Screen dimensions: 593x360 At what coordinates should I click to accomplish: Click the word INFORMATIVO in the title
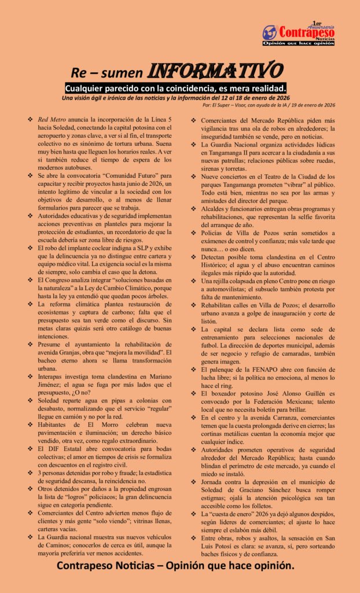216,71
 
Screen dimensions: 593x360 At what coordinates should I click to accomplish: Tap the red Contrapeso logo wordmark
306,32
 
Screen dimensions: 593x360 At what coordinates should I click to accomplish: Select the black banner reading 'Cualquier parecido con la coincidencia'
176,88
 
